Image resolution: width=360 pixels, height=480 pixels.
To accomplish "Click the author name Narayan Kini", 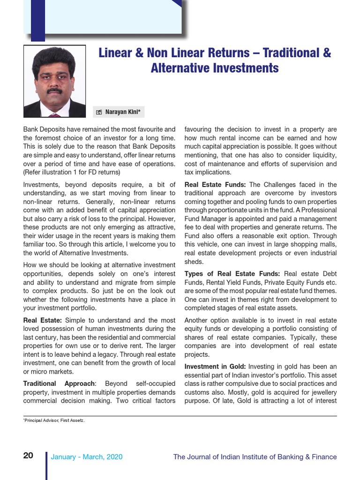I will (124, 112).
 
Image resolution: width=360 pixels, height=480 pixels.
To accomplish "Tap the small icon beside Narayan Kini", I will (99, 112).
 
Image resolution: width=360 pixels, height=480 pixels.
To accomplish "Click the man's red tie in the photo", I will (55, 114).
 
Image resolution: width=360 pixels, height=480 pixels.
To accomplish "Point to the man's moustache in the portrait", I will (55, 90).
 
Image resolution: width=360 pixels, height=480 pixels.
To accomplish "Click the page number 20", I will (28, 456).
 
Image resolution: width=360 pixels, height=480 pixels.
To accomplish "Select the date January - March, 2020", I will (87, 457).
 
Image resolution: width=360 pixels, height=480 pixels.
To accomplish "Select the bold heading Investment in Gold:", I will (215, 367).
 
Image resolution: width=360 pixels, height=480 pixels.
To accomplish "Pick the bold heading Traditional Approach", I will (59, 383).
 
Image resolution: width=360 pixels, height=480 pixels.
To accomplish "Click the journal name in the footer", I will (255, 457).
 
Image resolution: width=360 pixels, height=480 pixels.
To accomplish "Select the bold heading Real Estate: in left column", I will (43, 320).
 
